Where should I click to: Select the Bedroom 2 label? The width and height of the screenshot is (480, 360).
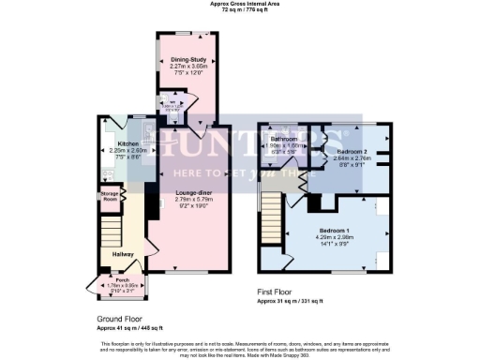353,151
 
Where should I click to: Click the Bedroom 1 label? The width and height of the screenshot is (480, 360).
336,230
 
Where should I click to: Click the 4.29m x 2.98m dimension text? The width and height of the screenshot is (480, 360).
336,236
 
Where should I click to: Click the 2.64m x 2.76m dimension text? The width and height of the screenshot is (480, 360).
353,158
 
